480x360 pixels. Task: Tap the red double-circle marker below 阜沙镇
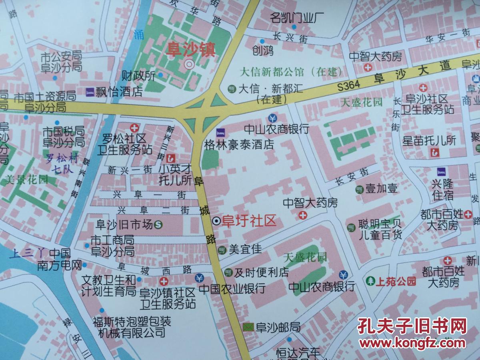coord(189,64)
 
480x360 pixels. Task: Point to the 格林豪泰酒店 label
coord(239,144)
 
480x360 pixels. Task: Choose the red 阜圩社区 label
coord(250,220)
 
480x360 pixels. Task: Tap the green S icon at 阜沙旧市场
coord(158,225)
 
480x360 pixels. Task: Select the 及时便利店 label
coord(261,273)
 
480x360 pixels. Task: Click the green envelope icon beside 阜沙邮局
coord(248,328)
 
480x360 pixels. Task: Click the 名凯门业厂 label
coord(297,17)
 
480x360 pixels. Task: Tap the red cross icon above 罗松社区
coord(134,128)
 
